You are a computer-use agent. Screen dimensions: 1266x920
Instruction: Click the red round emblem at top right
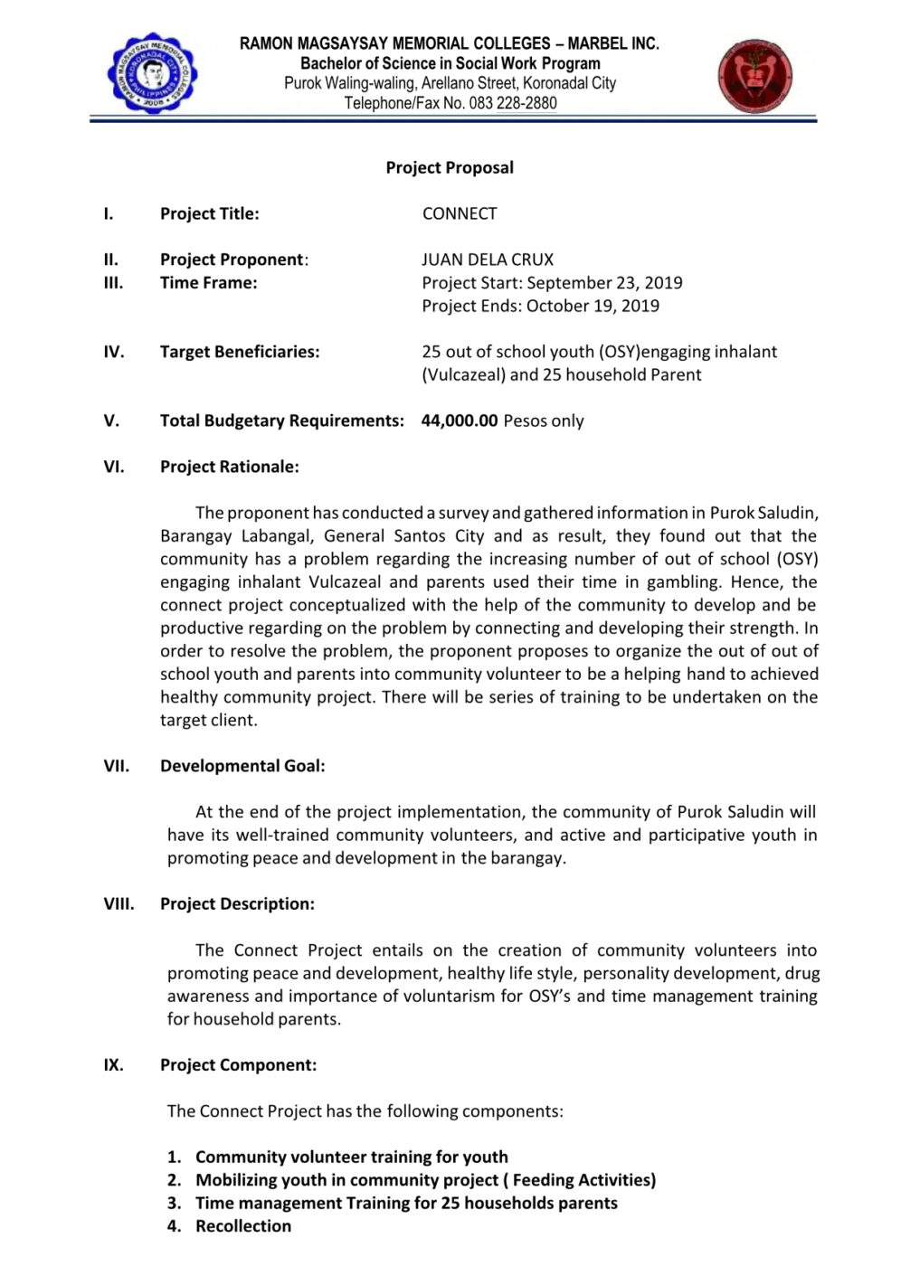click(x=755, y=76)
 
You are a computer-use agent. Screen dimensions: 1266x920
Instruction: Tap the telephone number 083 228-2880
click(x=513, y=103)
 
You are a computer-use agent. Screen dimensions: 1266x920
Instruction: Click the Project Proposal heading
click(x=450, y=167)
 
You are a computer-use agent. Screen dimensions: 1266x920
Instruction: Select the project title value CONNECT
click(x=460, y=213)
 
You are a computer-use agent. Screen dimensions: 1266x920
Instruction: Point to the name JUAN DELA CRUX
click(x=488, y=260)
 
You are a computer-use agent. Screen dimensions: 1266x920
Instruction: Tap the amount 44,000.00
click(x=460, y=420)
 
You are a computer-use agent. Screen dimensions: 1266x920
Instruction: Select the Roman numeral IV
click(x=113, y=352)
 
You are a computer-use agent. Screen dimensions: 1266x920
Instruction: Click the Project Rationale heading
click(x=229, y=467)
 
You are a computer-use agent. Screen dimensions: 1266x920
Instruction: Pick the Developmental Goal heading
click(x=242, y=766)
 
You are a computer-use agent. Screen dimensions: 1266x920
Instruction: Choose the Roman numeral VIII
click(x=119, y=903)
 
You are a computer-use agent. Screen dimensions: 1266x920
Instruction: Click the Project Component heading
click(x=238, y=1065)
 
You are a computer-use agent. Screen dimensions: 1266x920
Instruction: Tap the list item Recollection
click(x=243, y=1226)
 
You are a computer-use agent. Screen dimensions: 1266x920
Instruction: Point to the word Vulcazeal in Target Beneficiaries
click(x=463, y=374)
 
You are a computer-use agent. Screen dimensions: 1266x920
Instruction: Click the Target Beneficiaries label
click(x=240, y=352)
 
